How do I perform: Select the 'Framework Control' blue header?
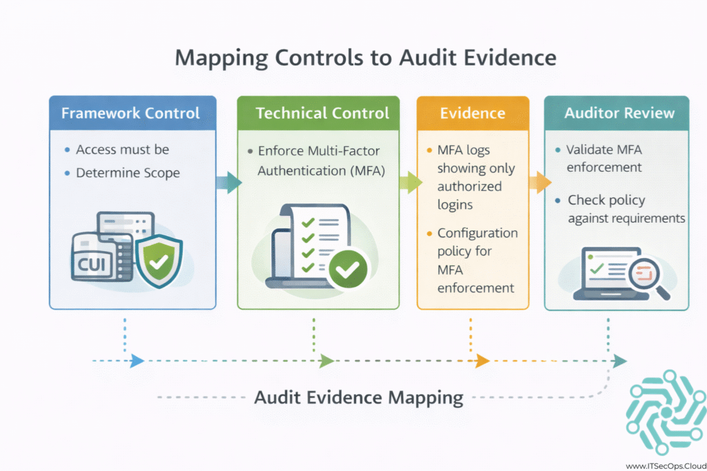click(x=130, y=113)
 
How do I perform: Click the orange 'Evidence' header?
click(x=473, y=113)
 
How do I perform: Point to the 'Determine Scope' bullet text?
click(x=128, y=172)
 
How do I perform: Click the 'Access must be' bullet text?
click(x=122, y=150)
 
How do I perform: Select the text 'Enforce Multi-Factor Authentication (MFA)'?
click(x=318, y=161)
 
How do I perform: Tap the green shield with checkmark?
click(x=159, y=262)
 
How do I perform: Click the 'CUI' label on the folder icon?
click(x=90, y=265)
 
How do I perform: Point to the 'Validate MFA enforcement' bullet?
click(x=604, y=158)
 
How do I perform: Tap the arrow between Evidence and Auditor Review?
click(x=539, y=183)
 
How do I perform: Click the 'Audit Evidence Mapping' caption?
click(x=358, y=397)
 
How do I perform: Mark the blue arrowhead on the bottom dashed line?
click(x=137, y=361)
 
